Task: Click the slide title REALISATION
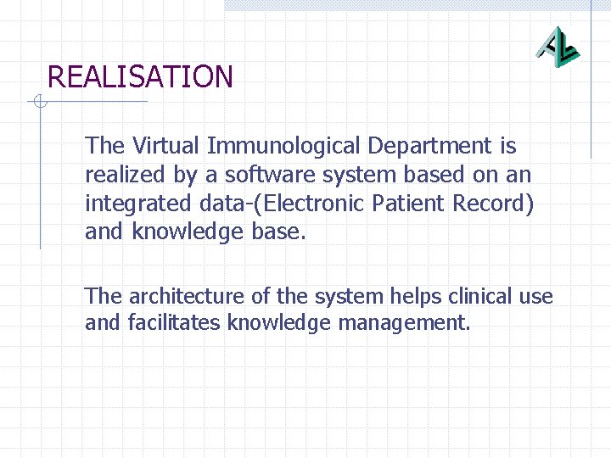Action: coord(140,77)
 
